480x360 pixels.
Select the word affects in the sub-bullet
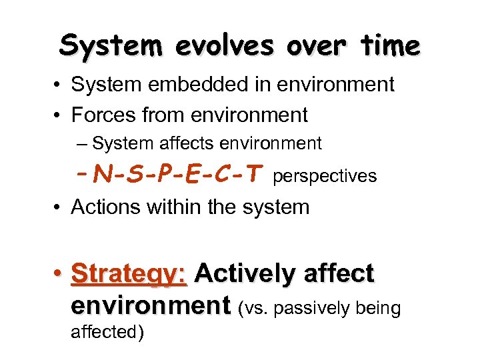tap(181, 143)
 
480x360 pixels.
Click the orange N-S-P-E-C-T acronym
tap(177, 175)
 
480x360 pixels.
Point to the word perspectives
tap(325, 177)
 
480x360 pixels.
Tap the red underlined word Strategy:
tap(129, 274)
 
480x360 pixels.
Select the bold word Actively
tap(245, 274)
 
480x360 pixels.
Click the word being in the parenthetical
tap(379, 309)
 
